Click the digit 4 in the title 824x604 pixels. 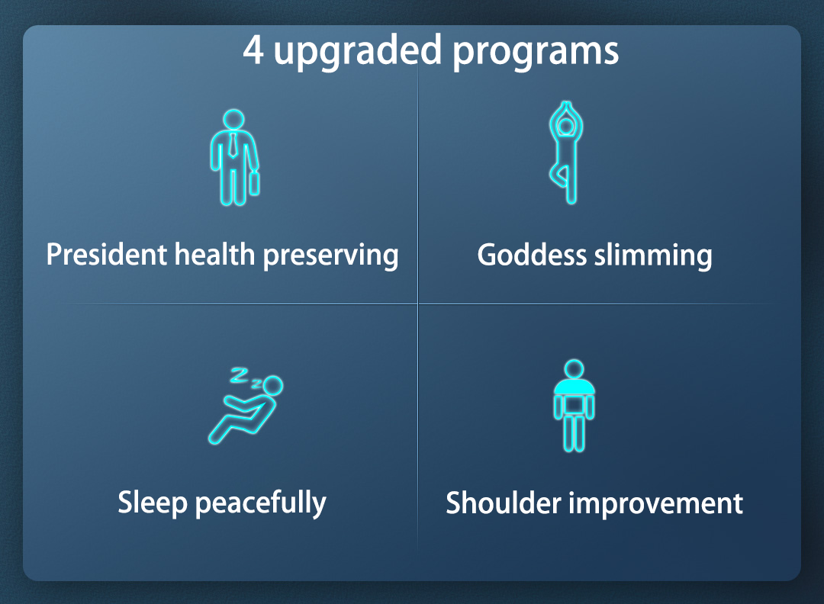pos(253,50)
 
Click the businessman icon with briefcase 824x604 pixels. pos(234,157)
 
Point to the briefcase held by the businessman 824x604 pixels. pos(254,183)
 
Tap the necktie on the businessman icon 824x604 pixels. pos(233,146)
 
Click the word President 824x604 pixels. pos(106,255)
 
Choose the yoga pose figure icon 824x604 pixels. pos(566,153)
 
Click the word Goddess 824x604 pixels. pos(532,255)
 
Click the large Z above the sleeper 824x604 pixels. pos(239,375)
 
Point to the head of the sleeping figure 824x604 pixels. pos(272,386)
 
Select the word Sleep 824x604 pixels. pos(153,503)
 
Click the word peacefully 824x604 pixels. pos(261,503)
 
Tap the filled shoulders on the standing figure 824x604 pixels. pos(575,386)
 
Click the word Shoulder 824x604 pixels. pos(504,503)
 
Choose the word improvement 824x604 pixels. pos(656,503)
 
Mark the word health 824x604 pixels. pos(214,255)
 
